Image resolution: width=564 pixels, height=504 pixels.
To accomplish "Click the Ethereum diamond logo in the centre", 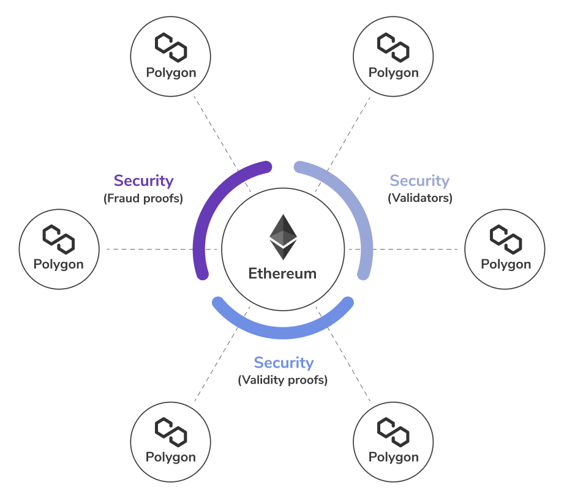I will pyautogui.click(x=283, y=237).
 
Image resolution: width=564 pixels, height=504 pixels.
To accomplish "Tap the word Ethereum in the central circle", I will pyautogui.click(x=282, y=273).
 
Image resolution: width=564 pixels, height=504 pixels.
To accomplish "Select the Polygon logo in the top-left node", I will pyautogui.click(x=170, y=47).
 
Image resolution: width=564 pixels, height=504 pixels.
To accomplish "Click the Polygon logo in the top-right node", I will pyautogui.click(x=393, y=47).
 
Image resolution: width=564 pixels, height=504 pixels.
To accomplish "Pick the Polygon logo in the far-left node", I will pyautogui.click(x=58, y=239).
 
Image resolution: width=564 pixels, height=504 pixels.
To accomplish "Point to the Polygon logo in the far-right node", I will pyautogui.click(x=506, y=239).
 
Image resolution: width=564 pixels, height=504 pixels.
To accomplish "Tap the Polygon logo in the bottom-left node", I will pyautogui.click(x=170, y=432).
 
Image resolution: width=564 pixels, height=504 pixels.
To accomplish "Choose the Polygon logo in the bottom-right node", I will pyautogui.click(x=393, y=432).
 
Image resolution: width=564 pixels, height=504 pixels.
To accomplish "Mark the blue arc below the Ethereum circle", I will pyautogui.click(x=283, y=332).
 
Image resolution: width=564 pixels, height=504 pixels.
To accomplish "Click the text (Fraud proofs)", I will pyautogui.click(x=143, y=198).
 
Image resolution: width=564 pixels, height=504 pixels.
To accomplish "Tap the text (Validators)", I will pyautogui.click(x=420, y=198).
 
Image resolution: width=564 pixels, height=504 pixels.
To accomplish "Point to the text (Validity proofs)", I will pyautogui.click(x=283, y=380).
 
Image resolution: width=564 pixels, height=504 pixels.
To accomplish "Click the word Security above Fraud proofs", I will pyautogui.click(x=144, y=181).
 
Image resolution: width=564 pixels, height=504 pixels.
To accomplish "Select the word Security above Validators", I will pyautogui.click(x=419, y=181).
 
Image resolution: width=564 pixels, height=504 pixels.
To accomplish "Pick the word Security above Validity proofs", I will pyautogui.click(x=284, y=363).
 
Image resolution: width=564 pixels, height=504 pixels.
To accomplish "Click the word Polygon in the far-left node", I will pyautogui.click(x=58, y=265).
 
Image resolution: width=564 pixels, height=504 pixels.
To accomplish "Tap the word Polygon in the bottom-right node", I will pyautogui.click(x=393, y=457).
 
